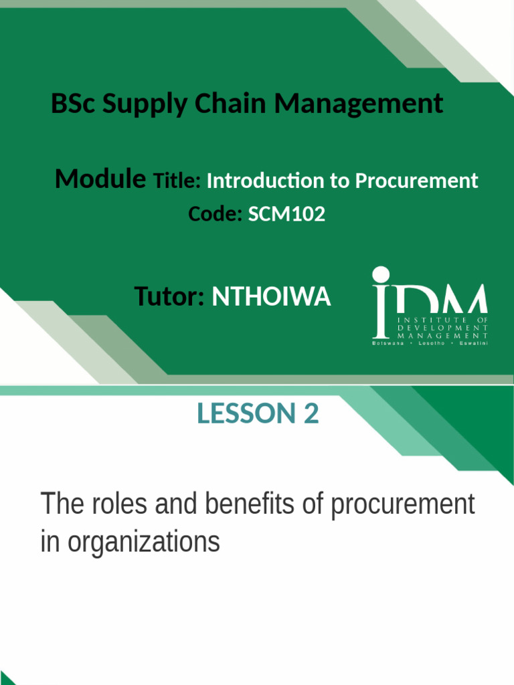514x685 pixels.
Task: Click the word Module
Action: (100, 179)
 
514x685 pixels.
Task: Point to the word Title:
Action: (177, 181)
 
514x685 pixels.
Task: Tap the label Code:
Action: (215, 214)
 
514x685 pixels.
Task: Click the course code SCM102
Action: (286, 214)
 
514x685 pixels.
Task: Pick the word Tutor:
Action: (169, 296)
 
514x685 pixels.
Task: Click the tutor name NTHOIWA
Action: (271, 296)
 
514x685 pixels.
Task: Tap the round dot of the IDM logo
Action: (381, 275)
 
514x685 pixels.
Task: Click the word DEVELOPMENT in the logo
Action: (443, 328)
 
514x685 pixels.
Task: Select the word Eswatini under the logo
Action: (472, 343)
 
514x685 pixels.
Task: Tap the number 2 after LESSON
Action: (310, 414)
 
